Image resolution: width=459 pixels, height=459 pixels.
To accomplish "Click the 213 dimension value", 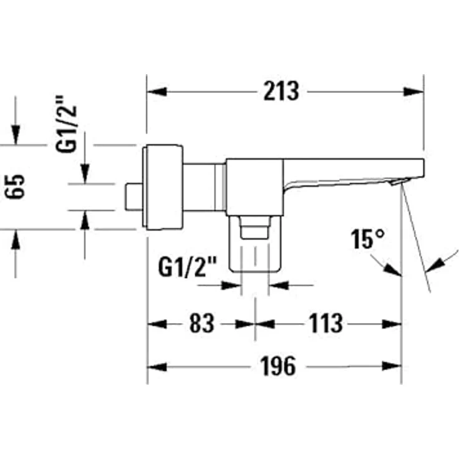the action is tap(281, 91).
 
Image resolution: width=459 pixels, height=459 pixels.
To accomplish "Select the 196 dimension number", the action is tap(278, 366).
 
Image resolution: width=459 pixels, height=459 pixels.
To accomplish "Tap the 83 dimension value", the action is tap(201, 323).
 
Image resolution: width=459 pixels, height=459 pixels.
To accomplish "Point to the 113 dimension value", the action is tap(326, 323).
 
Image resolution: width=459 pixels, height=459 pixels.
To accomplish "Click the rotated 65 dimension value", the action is tap(15, 186).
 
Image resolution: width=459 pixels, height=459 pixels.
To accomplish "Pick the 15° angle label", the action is tap(368, 239).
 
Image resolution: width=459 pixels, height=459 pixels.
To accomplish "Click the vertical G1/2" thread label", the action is tap(66, 124).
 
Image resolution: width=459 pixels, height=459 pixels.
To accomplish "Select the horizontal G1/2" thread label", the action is tap(188, 267).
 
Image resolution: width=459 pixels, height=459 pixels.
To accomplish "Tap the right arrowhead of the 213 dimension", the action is tap(413, 92).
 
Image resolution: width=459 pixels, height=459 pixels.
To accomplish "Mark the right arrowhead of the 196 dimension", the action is tap(392, 366).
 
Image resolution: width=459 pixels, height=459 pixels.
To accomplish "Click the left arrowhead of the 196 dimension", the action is tap(157, 367).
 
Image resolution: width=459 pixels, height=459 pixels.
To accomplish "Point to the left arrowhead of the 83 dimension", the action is tap(157, 324).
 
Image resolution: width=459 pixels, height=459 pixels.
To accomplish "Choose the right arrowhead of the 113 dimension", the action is tap(392, 324).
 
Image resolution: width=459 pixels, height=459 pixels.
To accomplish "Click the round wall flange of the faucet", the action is tap(163, 186).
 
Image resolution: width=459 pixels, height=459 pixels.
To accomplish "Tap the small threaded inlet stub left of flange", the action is tap(134, 196).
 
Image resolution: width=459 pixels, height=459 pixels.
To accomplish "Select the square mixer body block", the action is tap(254, 187).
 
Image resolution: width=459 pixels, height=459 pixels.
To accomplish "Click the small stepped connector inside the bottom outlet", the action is tap(254, 228).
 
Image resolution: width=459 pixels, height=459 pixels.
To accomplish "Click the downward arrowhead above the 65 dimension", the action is tap(16, 135).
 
